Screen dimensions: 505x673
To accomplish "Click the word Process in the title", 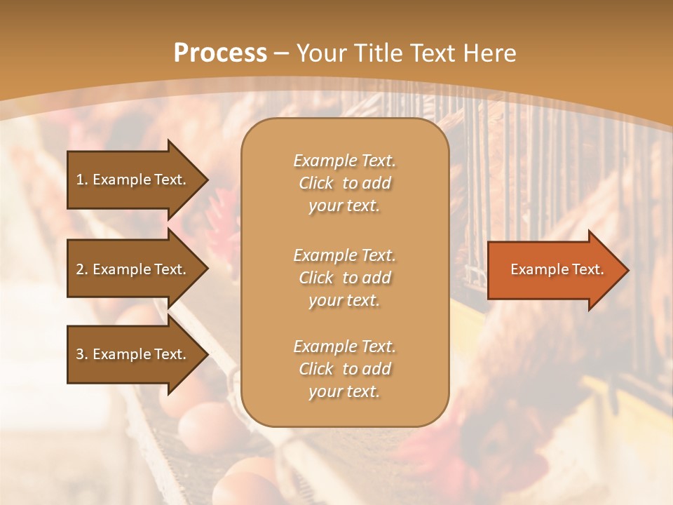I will click(220, 53).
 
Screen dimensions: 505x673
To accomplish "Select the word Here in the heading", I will click(488, 53).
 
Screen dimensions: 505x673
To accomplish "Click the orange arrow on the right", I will click(554, 269).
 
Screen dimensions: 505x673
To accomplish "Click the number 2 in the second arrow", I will click(80, 269).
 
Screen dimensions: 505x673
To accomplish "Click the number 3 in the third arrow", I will click(80, 354).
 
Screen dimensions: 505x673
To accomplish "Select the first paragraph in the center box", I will click(344, 183).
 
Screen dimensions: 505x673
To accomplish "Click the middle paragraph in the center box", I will click(344, 278).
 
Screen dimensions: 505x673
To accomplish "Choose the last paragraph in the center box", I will click(344, 369).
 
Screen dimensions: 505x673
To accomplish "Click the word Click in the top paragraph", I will click(316, 183).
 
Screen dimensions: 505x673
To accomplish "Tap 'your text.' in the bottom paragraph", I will click(344, 392).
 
